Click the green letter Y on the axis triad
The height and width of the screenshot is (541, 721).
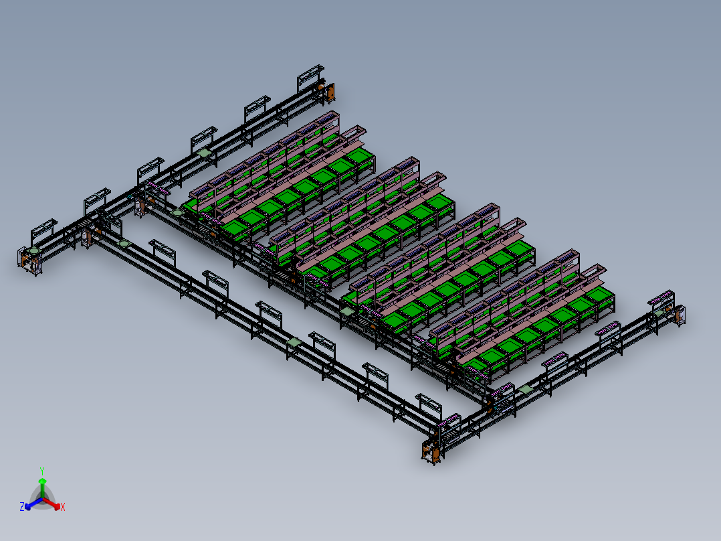(x=42, y=471)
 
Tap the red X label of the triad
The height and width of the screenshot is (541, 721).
(x=63, y=508)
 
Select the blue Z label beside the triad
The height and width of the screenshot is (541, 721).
(x=22, y=508)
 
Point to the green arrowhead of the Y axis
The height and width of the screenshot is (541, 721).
(x=42, y=481)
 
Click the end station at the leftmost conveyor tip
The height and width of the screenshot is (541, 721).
(x=29, y=259)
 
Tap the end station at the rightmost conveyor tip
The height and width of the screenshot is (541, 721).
(x=677, y=315)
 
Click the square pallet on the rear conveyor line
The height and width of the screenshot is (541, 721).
(x=204, y=153)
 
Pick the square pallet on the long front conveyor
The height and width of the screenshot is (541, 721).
(x=294, y=342)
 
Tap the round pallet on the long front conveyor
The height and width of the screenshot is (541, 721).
(x=124, y=243)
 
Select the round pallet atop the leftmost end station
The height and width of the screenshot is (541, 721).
(x=33, y=251)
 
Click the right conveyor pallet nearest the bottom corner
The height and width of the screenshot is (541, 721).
(x=526, y=388)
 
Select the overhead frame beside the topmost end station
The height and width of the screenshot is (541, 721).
(x=310, y=75)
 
